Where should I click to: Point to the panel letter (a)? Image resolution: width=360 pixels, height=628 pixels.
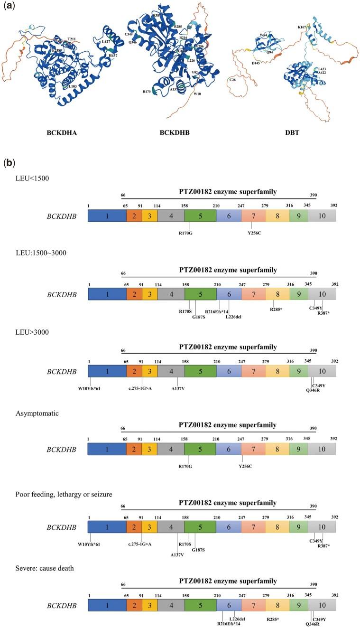9,8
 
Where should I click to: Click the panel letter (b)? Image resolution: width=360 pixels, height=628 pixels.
9,164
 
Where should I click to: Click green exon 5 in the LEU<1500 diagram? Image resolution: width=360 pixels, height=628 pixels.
200,216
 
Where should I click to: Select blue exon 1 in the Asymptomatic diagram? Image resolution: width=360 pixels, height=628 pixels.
107,448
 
